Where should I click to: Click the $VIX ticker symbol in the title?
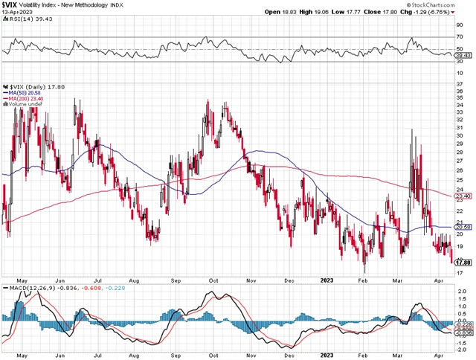[10, 5]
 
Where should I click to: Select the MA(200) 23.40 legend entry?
[25, 99]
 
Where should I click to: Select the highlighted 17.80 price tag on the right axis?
[463, 262]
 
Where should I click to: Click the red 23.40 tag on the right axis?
[463, 196]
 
